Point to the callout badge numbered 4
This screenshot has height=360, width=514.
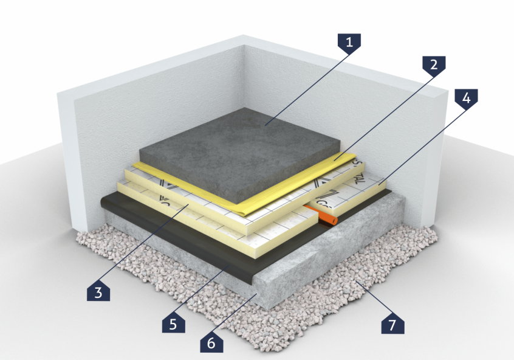point(466,98)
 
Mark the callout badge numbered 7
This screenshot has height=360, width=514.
point(392,324)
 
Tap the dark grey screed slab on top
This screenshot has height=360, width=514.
point(243,146)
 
